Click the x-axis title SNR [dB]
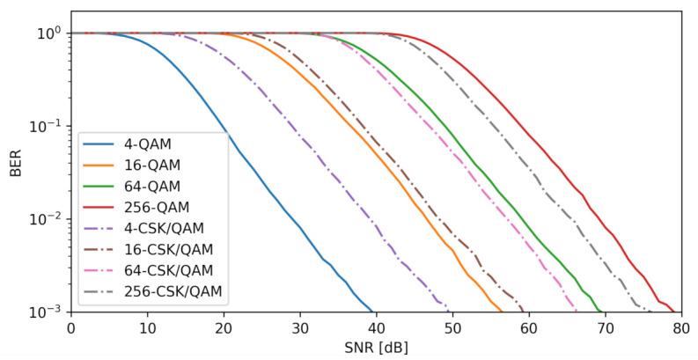tap(376, 348)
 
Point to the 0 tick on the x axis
tap(71, 327)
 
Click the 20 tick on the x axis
tap(224, 327)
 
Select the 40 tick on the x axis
tap(376, 327)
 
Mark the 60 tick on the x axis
tap(528, 327)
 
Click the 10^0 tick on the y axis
tap(47, 33)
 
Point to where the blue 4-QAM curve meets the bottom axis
tap(373, 312)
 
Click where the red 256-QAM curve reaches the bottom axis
tap(674, 312)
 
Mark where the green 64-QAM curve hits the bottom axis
tap(602, 312)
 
